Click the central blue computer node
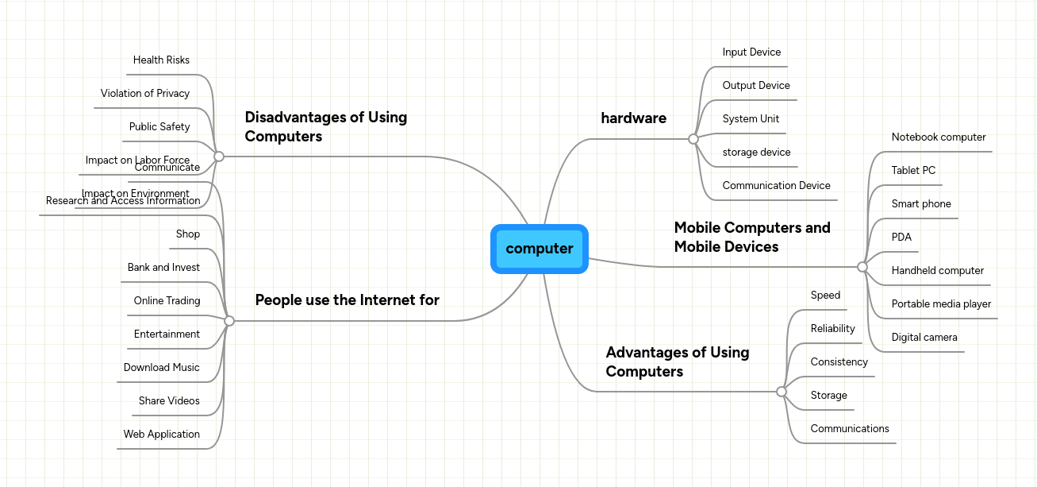(539, 249)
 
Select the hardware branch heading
(633, 118)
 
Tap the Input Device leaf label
(751, 52)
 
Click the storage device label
(756, 153)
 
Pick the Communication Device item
(776, 186)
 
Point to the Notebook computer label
(938, 137)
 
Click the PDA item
(901, 238)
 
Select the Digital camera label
(924, 338)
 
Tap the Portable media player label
(941, 304)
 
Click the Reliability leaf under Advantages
(832, 329)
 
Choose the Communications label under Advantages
(849, 429)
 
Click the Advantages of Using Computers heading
(677, 361)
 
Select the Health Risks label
(161, 60)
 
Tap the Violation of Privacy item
(144, 94)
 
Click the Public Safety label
(159, 127)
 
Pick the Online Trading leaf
(167, 301)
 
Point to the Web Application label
(161, 435)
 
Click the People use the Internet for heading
(347, 300)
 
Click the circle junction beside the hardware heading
(693, 139)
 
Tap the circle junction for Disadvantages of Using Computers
(219, 157)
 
